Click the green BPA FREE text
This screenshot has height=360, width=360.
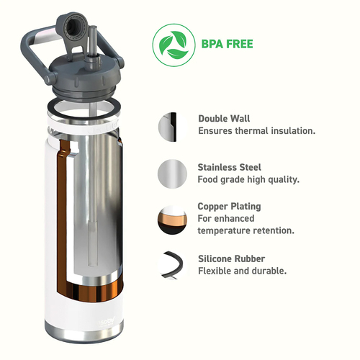tap(227, 44)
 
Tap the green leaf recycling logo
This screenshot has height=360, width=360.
tap(174, 45)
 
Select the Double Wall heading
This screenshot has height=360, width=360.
tap(224, 119)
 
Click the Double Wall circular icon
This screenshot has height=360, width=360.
tap(172, 127)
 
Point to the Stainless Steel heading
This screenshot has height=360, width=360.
tap(229, 167)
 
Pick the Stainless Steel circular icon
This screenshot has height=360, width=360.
tap(172, 174)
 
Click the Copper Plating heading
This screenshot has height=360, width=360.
tap(229, 207)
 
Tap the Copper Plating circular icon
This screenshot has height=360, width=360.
tap(172, 220)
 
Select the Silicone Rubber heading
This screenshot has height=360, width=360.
tap(231, 258)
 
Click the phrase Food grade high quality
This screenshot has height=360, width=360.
tap(248, 179)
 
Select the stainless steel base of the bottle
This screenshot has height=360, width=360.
tap(84, 333)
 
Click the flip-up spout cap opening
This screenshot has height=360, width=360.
tap(71, 27)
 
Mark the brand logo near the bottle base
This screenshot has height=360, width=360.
tap(107, 321)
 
